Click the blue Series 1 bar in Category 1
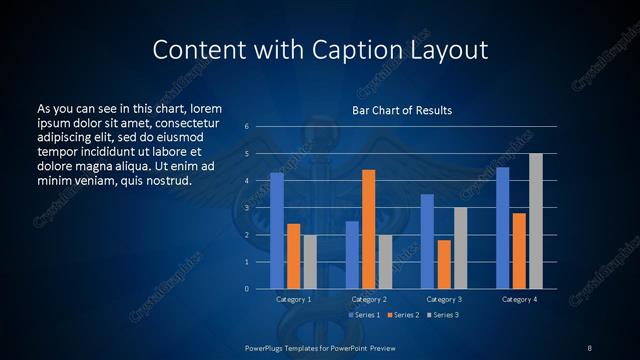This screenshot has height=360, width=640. tap(277, 231)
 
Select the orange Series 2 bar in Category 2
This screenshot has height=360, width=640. tap(368, 229)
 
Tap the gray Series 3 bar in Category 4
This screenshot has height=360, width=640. tap(536, 221)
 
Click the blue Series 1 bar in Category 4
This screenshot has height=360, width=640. tap(502, 228)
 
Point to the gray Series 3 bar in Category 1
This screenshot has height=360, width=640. tap(310, 262)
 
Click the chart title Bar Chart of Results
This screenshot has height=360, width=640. tap(402, 110)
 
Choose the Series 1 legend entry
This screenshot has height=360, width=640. tap(363, 315)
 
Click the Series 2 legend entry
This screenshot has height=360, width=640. tap(402, 315)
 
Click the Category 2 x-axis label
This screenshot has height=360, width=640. tap(368, 299)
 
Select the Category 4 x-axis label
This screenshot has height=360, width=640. tap(518, 299)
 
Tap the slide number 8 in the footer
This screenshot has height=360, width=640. tap(589, 347)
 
